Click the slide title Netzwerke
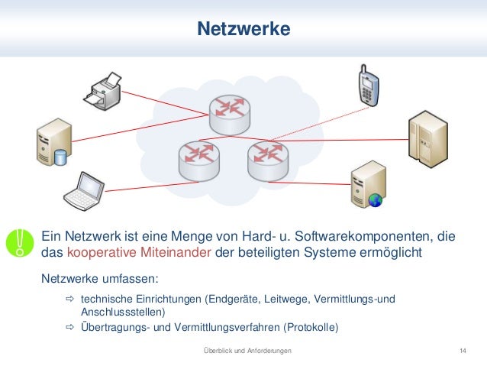tap(243, 30)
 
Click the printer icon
tap(104, 91)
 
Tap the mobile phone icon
tap(369, 84)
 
